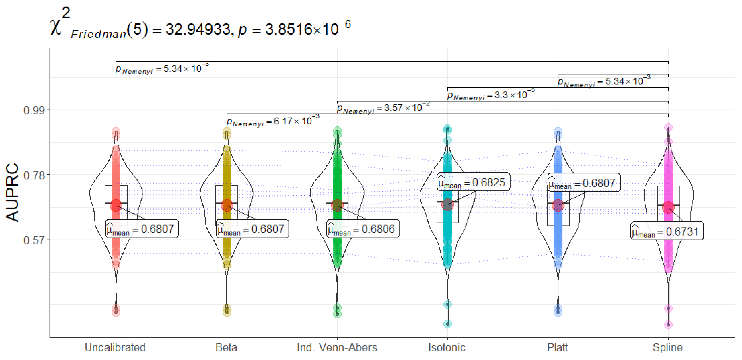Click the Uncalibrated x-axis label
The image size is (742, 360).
115,347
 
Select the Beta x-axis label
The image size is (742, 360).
226,347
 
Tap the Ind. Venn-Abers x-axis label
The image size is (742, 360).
337,347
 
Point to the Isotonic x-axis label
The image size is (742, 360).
447,347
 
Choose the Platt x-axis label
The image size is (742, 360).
558,347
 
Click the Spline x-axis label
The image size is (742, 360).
668,348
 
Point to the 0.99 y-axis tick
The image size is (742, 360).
34,110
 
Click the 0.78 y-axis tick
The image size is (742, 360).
34,175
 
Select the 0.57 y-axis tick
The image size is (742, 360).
34,240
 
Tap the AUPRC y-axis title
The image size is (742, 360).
12,192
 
